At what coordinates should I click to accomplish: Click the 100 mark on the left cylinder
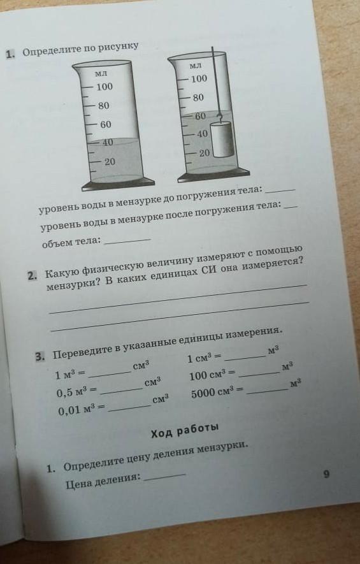point(104,87)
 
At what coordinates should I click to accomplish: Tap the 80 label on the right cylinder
point(198,98)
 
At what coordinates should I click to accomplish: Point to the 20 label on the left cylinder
point(110,162)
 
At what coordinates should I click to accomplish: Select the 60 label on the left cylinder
point(106,125)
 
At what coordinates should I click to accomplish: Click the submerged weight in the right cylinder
point(222,140)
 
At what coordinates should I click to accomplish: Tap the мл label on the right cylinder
point(196,66)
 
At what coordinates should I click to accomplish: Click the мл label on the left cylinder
point(101,74)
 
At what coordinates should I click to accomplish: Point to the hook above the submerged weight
point(219,118)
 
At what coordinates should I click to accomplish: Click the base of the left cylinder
point(119,184)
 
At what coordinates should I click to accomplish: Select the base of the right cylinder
point(213,175)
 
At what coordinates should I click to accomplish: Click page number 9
point(326,474)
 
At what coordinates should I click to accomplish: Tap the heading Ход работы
point(185,431)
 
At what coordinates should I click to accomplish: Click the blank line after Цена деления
point(164,477)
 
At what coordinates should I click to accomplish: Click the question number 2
point(32,276)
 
